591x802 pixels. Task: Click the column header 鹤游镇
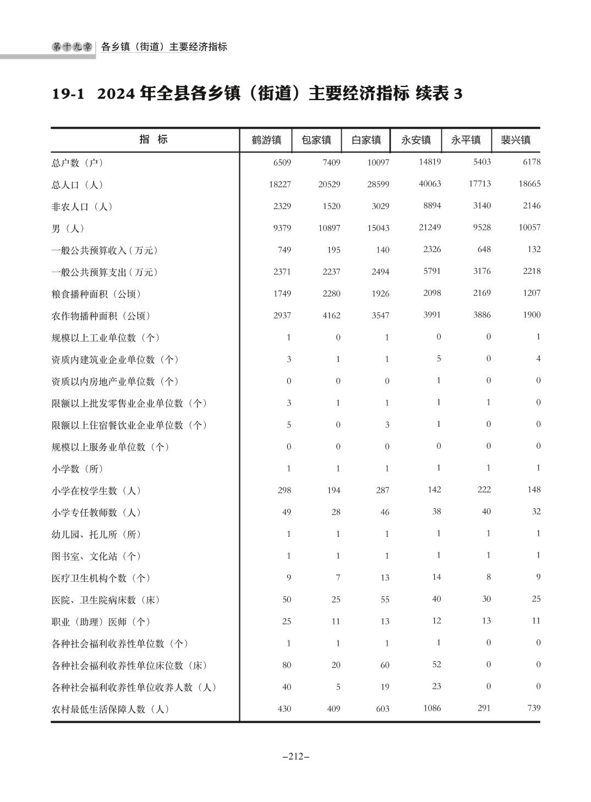(266, 140)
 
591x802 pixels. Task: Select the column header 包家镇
(316, 140)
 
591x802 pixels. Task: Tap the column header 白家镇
(366, 140)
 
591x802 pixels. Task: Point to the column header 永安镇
(415, 140)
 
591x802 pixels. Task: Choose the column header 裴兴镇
(515, 140)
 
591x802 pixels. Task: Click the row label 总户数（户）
(78, 163)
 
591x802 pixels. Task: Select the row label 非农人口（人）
(82, 207)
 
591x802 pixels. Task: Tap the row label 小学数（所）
(78, 469)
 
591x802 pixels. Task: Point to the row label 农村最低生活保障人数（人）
(110, 709)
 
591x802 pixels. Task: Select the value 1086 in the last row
(431, 708)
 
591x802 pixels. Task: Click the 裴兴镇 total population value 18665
(529, 184)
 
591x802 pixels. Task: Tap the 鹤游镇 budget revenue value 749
(284, 250)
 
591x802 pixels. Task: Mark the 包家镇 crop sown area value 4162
(331, 316)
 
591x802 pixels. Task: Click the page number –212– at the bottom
(295, 756)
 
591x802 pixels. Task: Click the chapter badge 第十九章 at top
(72, 47)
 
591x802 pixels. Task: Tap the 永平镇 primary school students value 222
(484, 490)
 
